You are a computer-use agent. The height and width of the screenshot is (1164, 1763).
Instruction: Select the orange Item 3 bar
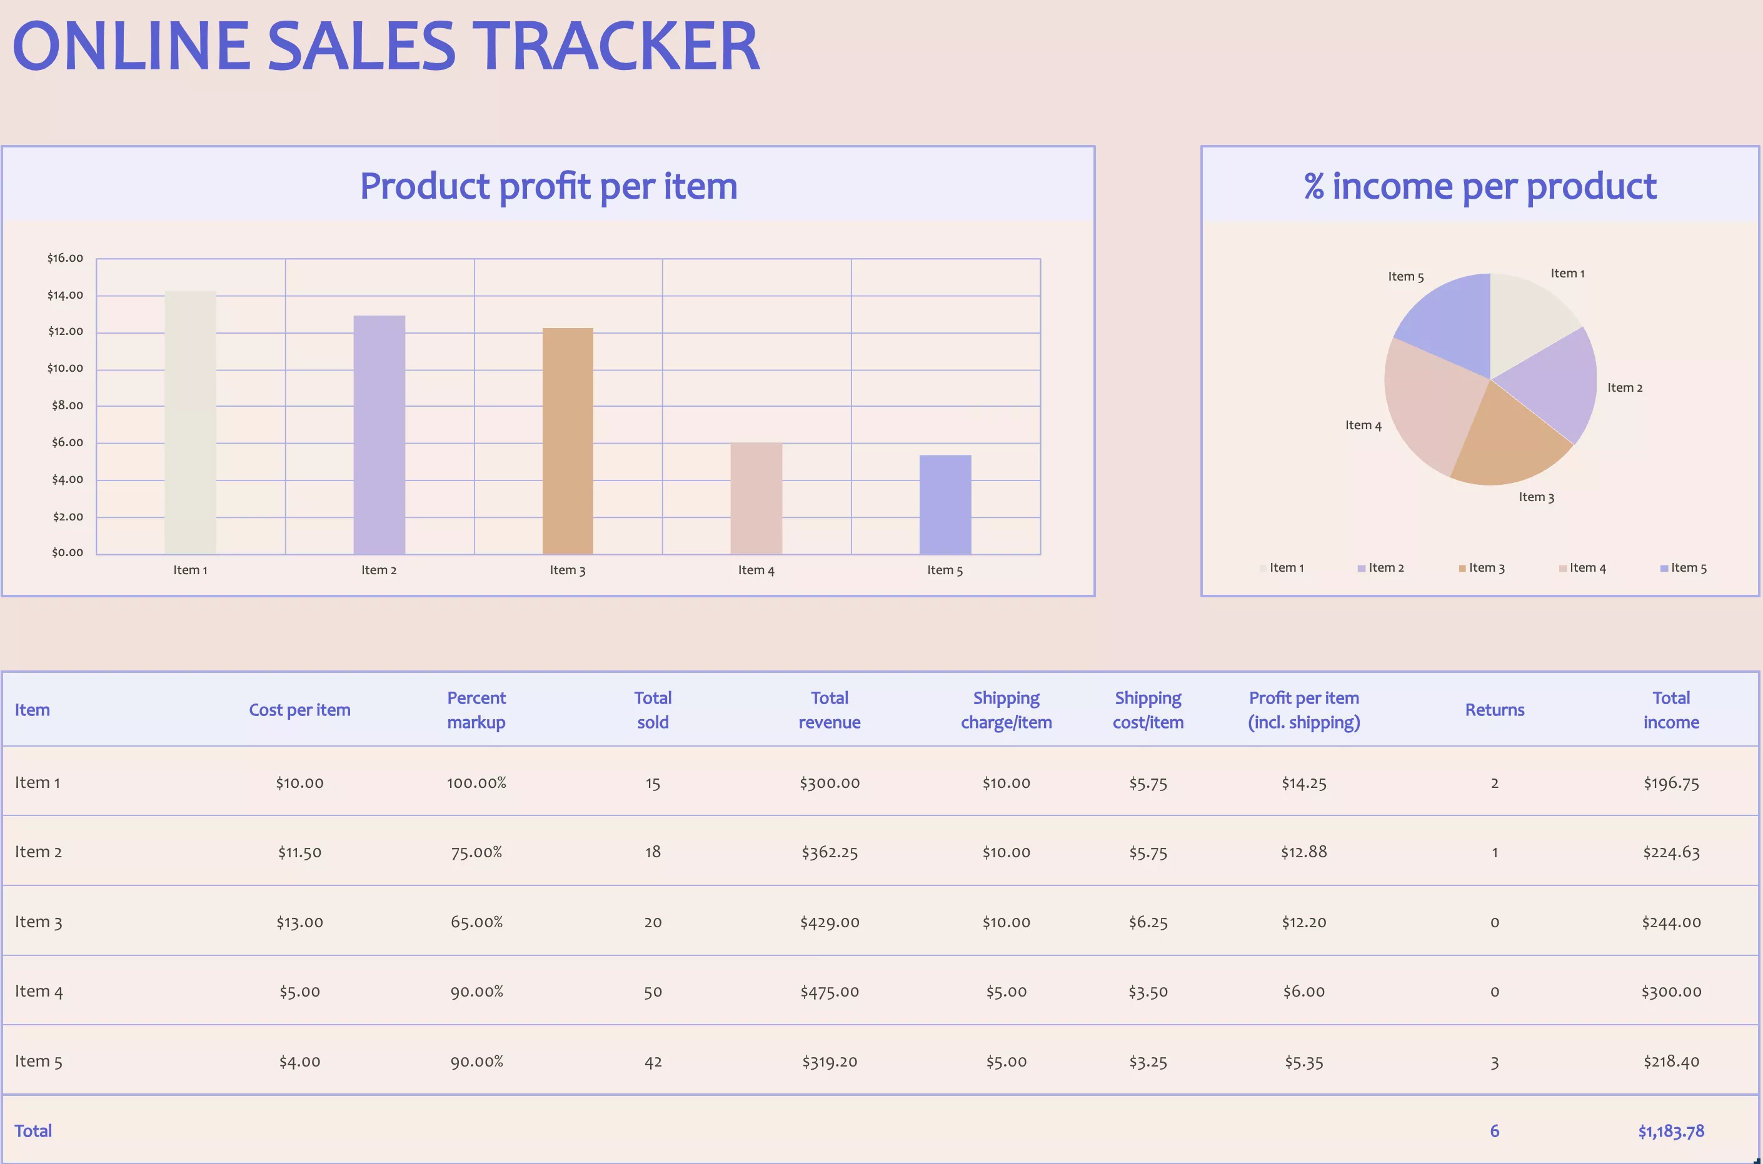pyautogui.click(x=568, y=441)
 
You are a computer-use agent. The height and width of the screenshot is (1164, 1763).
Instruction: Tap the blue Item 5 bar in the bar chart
pyautogui.click(x=945, y=504)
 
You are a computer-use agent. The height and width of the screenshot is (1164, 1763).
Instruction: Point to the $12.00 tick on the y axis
pyautogui.click(x=66, y=331)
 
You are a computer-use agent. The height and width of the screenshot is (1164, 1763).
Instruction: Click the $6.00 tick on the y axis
pyautogui.click(x=67, y=442)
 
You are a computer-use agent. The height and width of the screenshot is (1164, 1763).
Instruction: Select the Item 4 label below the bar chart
pyautogui.click(x=756, y=570)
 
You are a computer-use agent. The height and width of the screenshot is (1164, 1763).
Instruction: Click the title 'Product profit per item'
pyautogui.click(x=548, y=186)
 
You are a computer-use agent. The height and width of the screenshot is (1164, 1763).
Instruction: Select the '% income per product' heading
pyautogui.click(x=1479, y=186)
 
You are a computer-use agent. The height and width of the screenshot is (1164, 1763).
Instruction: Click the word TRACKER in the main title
pyautogui.click(x=616, y=46)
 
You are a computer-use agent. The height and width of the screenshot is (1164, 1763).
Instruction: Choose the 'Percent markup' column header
pyautogui.click(x=476, y=710)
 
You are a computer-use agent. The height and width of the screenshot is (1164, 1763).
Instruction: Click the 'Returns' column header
pyautogui.click(x=1494, y=710)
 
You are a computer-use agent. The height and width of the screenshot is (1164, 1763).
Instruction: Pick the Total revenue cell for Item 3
pyautogui.click(x=829, y=922)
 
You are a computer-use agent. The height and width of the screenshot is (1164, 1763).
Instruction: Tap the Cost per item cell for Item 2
pyautogui.click(x=299, y=852)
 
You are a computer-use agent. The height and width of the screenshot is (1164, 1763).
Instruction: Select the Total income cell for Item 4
pyautogui.click(x=1670, y=992)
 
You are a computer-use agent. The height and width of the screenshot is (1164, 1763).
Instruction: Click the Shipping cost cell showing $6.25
pyautogui.click(x=1147, y=922)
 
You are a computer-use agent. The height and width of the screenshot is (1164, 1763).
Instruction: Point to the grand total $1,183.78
pyautogui.click(x=1670, y=1132)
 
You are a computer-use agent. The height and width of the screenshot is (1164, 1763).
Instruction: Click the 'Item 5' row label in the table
pyautogui.click(x=39, y=1062)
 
